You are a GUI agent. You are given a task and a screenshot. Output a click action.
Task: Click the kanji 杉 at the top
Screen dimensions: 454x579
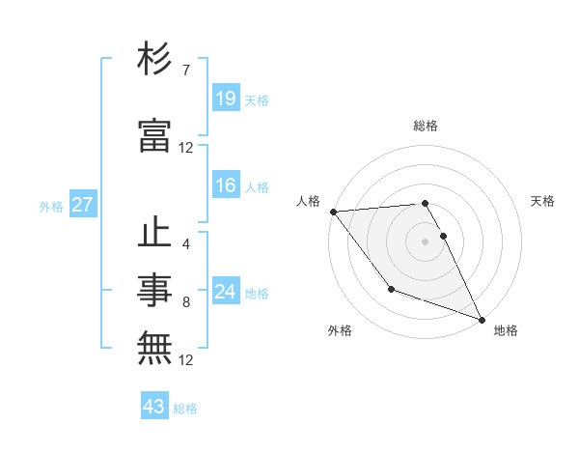click(154, 60)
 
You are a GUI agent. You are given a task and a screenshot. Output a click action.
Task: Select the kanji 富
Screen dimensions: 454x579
click(154, 136)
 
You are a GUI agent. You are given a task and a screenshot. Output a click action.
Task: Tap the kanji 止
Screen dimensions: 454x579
click(154, 234)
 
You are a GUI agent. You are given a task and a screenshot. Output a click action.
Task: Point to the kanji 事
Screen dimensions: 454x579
click(154, 291)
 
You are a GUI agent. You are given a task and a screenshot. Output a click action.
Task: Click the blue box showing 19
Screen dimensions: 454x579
click(226, 99)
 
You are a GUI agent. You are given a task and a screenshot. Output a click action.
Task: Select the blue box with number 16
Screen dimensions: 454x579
click(226, 185)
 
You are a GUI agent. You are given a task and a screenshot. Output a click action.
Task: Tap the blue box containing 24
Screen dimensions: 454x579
click(226, 292)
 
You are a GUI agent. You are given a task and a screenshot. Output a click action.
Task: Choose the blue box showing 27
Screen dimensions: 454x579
click(83, 205)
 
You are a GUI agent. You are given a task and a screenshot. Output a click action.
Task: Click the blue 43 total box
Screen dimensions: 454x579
click(154, 407)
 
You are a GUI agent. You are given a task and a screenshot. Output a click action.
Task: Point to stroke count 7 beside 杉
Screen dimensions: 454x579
click(185, 71)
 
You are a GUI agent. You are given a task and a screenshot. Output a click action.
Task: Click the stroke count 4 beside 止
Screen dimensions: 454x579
click(185, 244)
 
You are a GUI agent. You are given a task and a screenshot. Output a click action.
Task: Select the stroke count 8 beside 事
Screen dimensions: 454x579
click(185, 302)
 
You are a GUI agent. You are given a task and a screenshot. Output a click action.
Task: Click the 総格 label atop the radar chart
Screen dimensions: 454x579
click(426, 126)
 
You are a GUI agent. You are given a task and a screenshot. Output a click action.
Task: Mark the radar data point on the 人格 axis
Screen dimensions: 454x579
click(333, 211)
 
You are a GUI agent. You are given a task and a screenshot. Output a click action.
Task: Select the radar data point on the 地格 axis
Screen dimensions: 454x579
click(482, 319)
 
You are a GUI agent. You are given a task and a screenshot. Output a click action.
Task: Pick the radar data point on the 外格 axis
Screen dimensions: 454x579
click(391, 289)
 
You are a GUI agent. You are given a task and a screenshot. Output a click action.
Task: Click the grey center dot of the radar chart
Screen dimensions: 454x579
click(426, 241)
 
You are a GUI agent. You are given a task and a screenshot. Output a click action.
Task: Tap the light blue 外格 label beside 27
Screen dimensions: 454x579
click(51, 206)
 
